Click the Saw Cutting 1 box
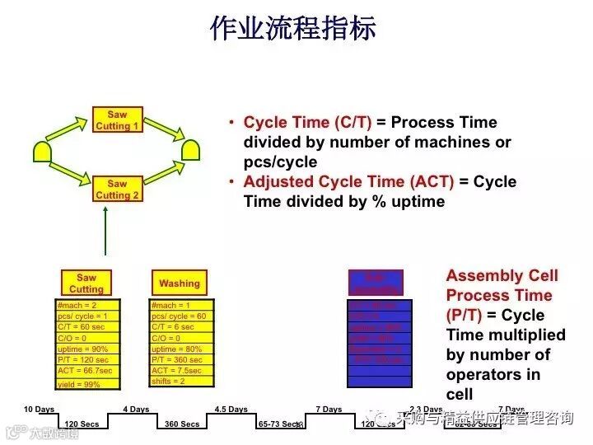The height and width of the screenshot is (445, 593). [x=118, y=120]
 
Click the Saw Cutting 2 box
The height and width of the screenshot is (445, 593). [x=118, y=190]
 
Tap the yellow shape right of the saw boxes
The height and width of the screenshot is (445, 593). [x=191, y=150]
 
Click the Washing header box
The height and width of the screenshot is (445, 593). [x=180, y=283]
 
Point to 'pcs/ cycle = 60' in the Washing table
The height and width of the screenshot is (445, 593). [x=179, y=316]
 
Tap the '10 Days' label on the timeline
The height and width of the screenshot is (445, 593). [x=39, y=410]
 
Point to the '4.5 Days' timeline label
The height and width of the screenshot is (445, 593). [x=231, y=410]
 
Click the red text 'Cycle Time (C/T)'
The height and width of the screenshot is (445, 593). [x=308, y=123]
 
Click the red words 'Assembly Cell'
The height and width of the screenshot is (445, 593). [x=502, y=276]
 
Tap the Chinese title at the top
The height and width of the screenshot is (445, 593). [x=293, y=28]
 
